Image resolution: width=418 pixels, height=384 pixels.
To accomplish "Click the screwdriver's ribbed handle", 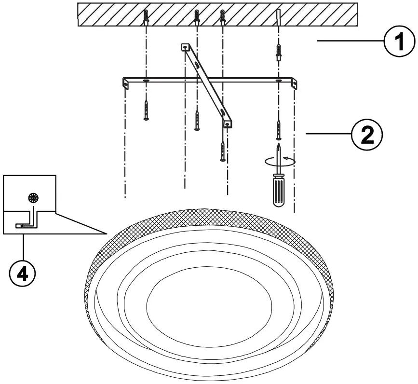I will [279, 191].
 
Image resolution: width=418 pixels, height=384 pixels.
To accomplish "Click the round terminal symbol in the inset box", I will [33, 197].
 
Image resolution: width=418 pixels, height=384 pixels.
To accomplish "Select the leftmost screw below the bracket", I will [146, 109].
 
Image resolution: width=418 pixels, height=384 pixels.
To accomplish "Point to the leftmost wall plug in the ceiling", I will [146, 18].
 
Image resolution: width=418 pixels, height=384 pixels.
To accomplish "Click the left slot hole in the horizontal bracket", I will [146, 80].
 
